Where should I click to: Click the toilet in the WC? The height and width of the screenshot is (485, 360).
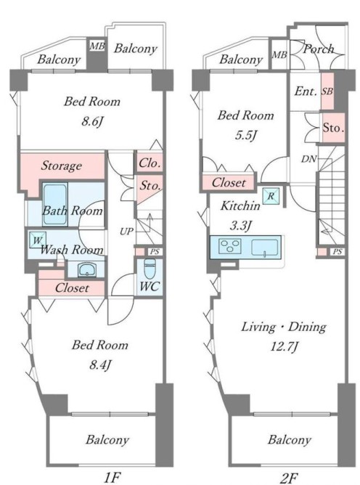pos(150,269)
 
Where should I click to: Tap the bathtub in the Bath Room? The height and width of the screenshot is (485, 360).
pos(54,205)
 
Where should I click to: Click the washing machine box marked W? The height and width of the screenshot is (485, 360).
pos(38,240)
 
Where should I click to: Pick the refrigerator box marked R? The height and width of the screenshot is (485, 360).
pos(271,196)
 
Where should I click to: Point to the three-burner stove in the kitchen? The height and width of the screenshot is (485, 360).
pos(230,247)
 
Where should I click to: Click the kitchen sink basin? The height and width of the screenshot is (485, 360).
pos(264,248)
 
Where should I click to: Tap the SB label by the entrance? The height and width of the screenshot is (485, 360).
pos(327,91)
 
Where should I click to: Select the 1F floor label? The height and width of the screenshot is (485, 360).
pos(111,478)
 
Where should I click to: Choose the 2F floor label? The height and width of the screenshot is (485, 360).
pos(289,478)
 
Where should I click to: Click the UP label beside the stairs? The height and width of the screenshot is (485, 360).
pos(126,231)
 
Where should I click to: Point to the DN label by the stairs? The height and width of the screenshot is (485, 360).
pos(309,159)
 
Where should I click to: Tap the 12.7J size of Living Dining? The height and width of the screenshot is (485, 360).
pos(284,347)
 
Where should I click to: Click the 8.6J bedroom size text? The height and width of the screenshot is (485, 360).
pos(92,121)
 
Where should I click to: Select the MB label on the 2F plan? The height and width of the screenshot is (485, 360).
pos(279,54)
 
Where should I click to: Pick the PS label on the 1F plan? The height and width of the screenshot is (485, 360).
pos(155,251)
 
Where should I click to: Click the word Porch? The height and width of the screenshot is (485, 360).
pos(319,49)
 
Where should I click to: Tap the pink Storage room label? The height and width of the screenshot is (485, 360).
pos(62,166)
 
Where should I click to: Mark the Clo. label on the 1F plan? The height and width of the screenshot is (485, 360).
pos(150,163)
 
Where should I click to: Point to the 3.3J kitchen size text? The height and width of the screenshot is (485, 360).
pos(240,226)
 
